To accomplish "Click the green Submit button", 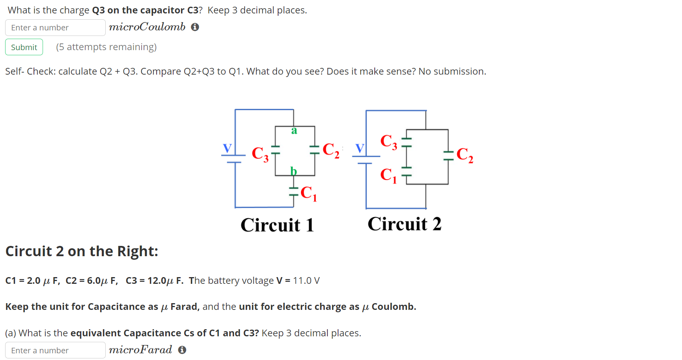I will [x=24, y=47].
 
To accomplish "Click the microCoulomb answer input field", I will [x=55, y=28].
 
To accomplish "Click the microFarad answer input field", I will [x=55, y=350].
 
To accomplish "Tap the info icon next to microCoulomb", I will [x=195, y=27].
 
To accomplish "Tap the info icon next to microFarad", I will [x=182, y=350].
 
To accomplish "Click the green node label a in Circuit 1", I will [x=294, y=131].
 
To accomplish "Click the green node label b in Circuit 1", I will [x=293, y=171].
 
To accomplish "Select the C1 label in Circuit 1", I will [x=308, y=193].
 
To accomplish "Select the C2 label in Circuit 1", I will [x=331, y=150].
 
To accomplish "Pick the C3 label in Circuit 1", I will [x=260, y=154].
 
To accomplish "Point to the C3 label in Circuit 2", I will [x=389, y=141].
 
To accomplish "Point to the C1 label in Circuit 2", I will [x=388, y=175].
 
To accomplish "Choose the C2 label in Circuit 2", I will [x=465, y=155].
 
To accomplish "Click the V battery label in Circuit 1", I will [x=227, y=148].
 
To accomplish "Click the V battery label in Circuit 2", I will [x=359, y=148].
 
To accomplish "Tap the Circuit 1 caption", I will [x=277, y=225].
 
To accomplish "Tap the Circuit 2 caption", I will [x=404, y=224].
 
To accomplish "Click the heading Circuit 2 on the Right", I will [x=82, y=251].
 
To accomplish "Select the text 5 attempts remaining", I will [x=106, y=47].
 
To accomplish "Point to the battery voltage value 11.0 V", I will [x=306, y=281].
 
